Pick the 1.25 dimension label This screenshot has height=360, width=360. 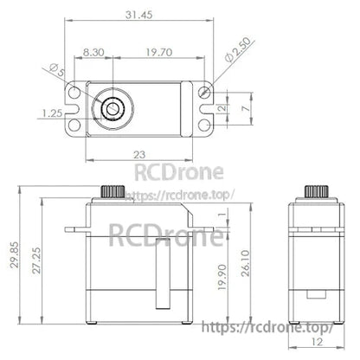coord(48,111)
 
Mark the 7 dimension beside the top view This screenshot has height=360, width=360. coord(245,110)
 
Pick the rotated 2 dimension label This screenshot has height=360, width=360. coord(221,109)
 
